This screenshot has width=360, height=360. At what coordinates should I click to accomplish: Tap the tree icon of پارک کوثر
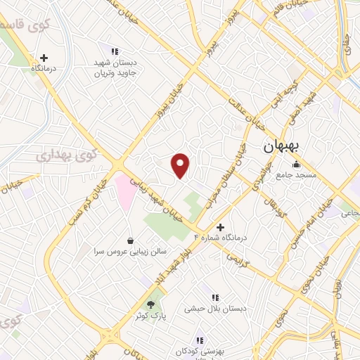point(150,304)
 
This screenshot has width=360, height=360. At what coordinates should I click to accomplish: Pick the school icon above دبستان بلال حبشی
point(215,297)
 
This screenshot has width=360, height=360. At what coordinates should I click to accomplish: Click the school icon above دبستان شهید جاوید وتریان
point(115,51)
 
